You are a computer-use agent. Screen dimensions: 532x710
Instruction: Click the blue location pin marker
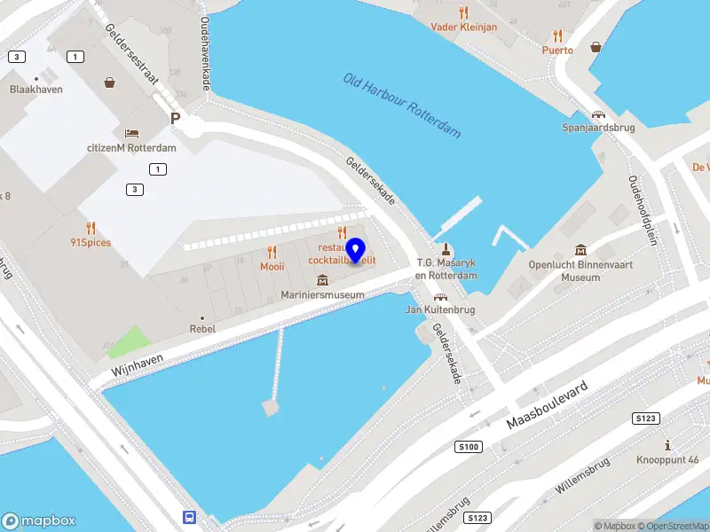coord(356,251)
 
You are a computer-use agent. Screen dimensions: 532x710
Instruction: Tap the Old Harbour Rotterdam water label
coord(403,106)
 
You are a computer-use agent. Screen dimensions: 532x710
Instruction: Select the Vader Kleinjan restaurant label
coord(463,27)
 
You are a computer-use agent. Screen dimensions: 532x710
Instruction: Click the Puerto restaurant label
coord(557,50)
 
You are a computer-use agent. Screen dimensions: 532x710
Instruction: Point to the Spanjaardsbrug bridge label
coord(598,128)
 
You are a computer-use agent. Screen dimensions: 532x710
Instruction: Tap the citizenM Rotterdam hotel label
coord(131,147)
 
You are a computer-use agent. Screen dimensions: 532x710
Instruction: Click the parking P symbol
coord(176,118)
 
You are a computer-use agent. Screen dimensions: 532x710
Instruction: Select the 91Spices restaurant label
coord(91,242)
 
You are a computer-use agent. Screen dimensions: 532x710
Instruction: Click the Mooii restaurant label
coord(272,265)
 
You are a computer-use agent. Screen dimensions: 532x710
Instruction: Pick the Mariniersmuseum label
coord(322,293)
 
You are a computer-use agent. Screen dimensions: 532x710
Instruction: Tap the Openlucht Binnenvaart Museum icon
coord(580,250)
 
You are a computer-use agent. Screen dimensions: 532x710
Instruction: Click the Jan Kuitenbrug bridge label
coord(440,309)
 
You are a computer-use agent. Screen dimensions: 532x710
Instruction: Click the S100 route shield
coord(469,447)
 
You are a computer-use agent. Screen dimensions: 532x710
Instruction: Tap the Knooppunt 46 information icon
coord(667,444)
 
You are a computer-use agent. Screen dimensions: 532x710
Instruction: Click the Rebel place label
coord(202,328)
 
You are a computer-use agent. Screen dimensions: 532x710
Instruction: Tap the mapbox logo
coord(38,521)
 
